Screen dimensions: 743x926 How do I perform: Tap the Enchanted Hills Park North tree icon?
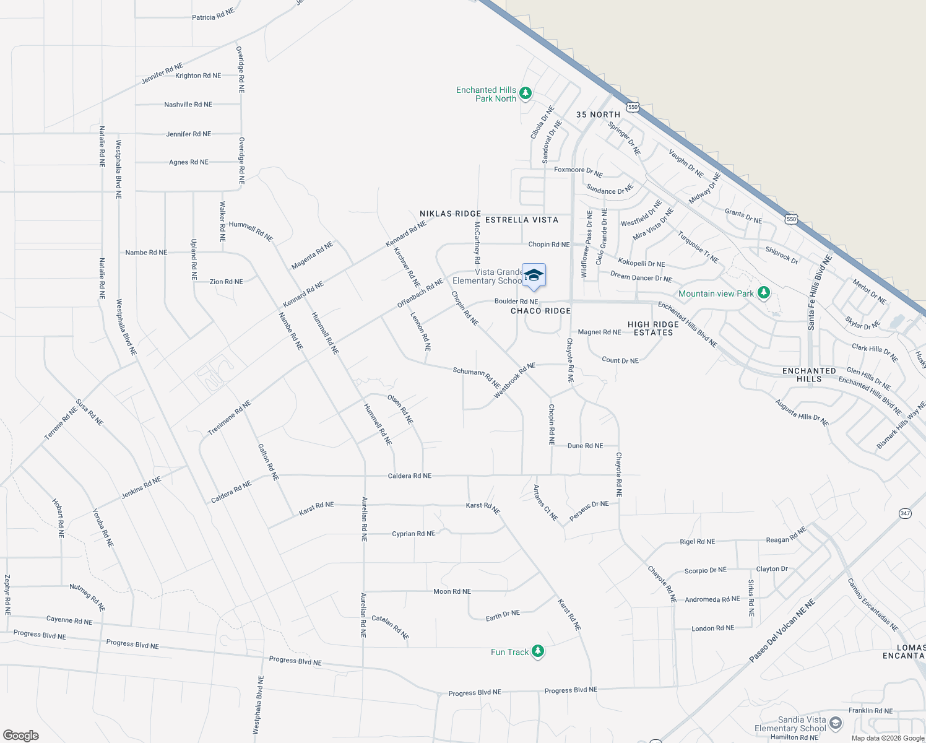[x=526, y=93]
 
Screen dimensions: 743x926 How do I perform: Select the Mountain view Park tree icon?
[x=764, y=292]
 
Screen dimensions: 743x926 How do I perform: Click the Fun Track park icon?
[x=538, y=651]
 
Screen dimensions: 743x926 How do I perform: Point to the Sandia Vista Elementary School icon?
[x=835, y=723]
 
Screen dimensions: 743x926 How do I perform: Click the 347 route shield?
[x=905, y=513]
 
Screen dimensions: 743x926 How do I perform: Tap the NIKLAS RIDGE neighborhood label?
[x=450, y=214]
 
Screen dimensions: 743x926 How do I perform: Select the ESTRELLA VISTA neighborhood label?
[x=521, y=220]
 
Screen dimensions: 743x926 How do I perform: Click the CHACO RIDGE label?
[x=540, y=311]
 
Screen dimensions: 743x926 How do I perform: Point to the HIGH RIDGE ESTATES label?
[x=653, y=328]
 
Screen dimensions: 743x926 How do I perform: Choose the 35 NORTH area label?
[x=598, y=115]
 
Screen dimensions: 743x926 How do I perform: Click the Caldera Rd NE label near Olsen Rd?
[x=409, y=476]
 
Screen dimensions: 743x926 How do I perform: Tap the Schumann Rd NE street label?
[x=476, y=375]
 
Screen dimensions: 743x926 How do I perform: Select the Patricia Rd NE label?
[x=213, y=15]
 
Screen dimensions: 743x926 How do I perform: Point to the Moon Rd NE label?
[x=452, y=591]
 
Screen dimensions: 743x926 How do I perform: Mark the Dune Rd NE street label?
[x=585, y=446]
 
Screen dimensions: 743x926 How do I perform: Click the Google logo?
[x=20, y=735]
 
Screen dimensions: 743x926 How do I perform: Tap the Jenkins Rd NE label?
[x=141, y=488]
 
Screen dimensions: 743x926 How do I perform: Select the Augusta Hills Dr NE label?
[x=802, y=412]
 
